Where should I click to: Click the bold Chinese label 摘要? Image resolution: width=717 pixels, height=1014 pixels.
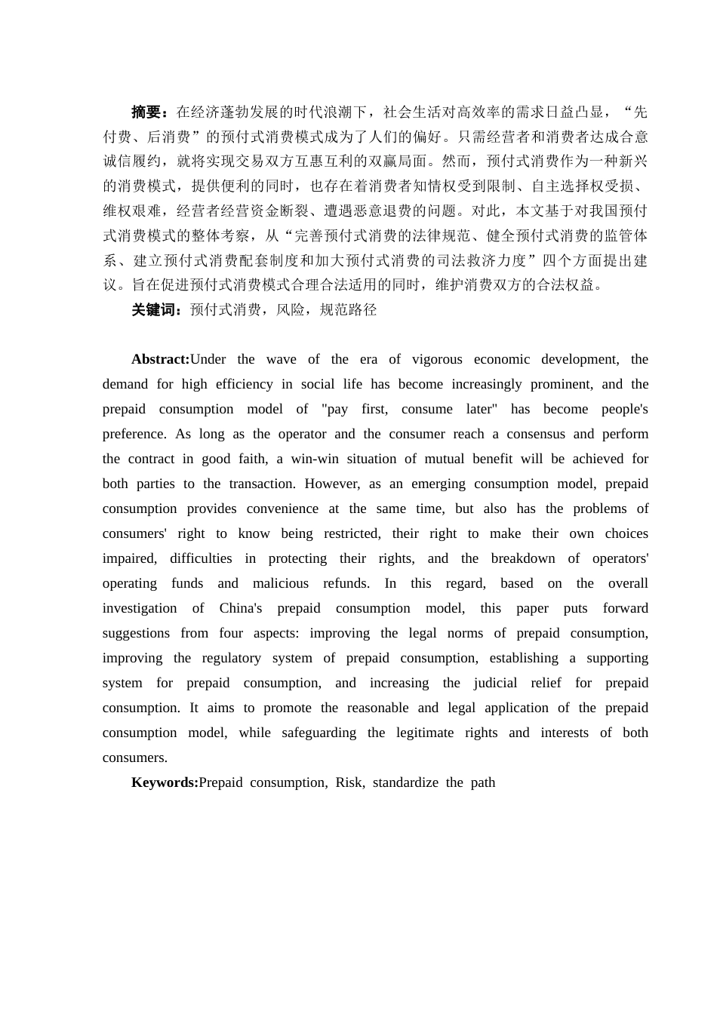(146, 112)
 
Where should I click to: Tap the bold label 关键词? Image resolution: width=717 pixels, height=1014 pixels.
(153, 309)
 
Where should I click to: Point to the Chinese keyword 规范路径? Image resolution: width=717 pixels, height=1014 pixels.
(348, 309)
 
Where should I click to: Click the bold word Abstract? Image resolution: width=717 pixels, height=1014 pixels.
(160, 359)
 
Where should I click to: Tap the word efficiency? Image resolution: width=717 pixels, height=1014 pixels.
(244, 384)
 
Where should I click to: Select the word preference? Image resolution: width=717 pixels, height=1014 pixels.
(134, 434)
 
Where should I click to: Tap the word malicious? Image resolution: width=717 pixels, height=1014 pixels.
(280, 583)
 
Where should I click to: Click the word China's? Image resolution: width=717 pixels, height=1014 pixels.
(241, 608)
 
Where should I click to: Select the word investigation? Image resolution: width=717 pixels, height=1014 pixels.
(140, 608)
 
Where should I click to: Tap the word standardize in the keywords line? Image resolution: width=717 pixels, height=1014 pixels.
(405, 782)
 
